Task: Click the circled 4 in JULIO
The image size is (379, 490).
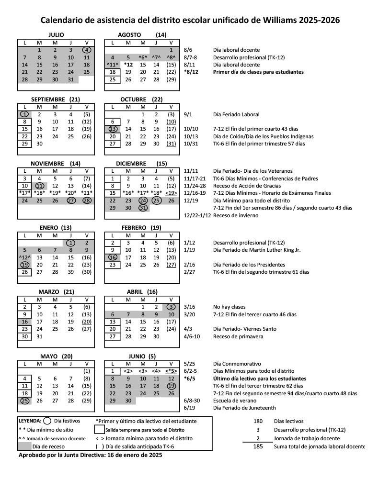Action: (87, 50)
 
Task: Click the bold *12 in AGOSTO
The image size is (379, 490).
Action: (128, 65)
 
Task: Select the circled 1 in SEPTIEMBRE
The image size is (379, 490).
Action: (24, 114)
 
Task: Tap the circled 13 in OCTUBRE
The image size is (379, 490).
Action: (113, 129)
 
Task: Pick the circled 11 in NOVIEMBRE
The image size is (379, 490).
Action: (40, 186)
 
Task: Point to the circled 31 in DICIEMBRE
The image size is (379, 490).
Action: (143, 208)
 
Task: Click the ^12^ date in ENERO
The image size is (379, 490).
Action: (24, 257)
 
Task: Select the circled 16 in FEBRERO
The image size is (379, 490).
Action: (113, 257)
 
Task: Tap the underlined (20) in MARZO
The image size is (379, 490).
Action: (87, 322)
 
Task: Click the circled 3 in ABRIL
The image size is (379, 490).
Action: (171, 307)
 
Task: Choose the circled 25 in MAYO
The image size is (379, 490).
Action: (24, 401)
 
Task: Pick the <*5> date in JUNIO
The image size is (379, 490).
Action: (171, 371)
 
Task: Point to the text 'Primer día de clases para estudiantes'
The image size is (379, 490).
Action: (258, 72)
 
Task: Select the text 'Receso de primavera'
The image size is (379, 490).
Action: (238, 336)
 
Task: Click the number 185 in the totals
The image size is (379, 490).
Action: (258, 446)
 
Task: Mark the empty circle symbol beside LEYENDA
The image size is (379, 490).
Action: (47, 422)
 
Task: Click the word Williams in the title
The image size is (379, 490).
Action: (279, 20)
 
